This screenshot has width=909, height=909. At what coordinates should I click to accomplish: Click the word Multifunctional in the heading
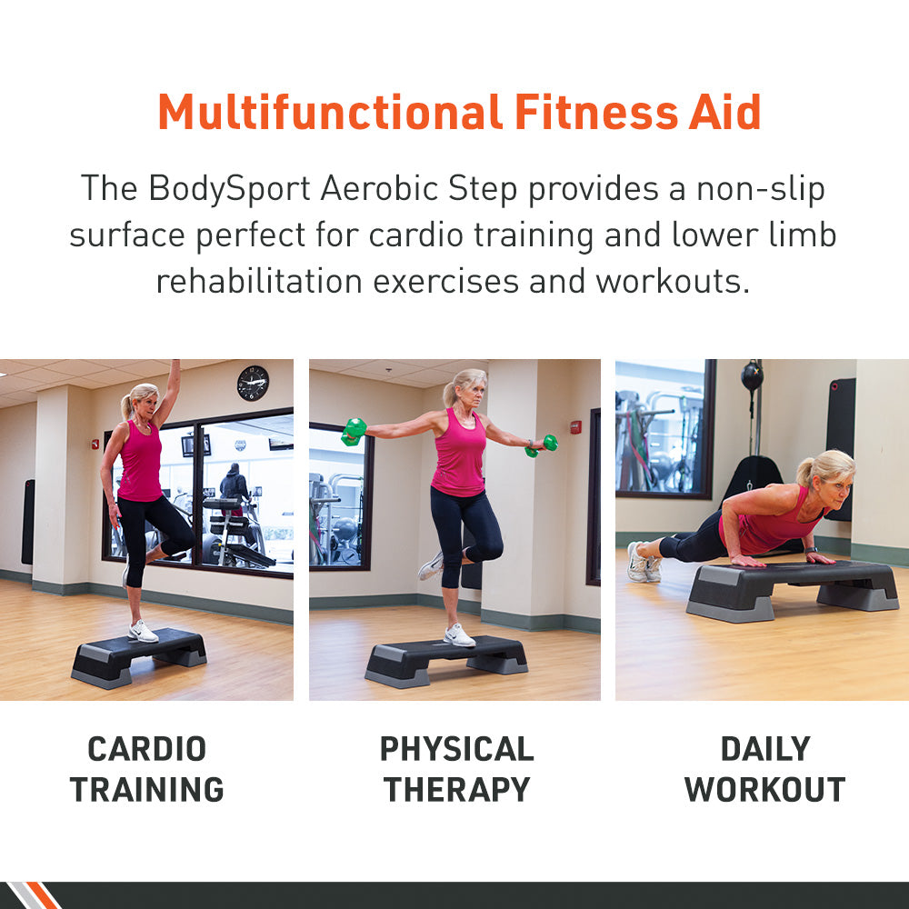tap(330, 113)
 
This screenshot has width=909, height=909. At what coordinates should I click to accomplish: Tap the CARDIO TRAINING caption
tap(146, 769)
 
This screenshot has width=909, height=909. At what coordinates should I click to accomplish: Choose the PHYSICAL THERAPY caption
tap(456, 769)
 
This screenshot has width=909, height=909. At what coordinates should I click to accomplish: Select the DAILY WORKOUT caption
tap(764, 769)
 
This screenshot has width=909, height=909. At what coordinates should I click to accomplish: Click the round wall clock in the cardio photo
tap(253, 383)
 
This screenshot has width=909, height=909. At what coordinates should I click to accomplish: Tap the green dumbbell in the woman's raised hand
tap(354, 430)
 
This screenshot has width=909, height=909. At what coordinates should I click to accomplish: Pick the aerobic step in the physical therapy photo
tap(446, 659)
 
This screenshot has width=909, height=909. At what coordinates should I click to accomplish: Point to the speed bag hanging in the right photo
tap(752, 375)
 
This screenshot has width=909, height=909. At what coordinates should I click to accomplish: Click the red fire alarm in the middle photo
tap(575, 426)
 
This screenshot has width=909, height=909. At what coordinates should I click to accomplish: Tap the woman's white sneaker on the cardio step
tap(143, 631)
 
